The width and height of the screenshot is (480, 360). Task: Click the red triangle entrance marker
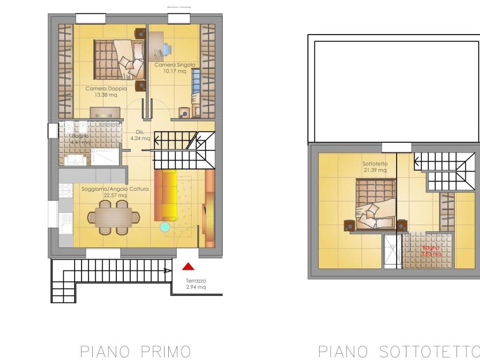[x=188, y=267]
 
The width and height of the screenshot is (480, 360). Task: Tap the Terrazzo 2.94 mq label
[x=195, y=284]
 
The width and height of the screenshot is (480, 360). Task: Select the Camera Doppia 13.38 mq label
[x=101, y=91]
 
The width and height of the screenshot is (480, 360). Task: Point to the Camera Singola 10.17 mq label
[x=174, y=68]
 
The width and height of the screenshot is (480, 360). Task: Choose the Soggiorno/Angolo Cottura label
[x=115, y=192]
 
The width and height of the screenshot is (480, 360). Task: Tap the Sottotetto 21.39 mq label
[x=375, y=167]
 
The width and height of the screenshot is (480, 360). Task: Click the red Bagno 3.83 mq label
[x=430, y=251]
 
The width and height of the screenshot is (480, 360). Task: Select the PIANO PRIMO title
[x=135, y=351]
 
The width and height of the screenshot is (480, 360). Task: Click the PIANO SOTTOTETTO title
[x=399, y=351]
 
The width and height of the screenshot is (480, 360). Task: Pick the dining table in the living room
[x=113, y=217]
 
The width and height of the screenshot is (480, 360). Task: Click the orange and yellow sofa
[x=166, y=195]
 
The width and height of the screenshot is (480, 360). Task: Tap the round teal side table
[x=165, y=227]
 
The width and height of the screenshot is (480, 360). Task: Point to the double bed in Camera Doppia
[x=119, y=60]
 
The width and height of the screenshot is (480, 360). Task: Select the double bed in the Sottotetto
[x=375, y=205]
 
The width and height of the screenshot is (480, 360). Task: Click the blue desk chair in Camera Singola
[x=166, y=49]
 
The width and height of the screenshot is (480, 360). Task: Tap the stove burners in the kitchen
[x=65, y=190]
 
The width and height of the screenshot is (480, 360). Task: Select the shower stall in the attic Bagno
[x=392, y=251]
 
